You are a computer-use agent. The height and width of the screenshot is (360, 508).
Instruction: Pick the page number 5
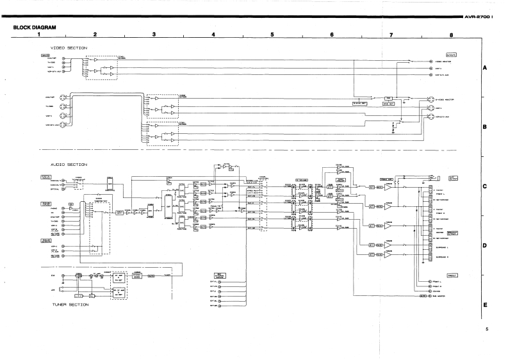[x=488, y=331]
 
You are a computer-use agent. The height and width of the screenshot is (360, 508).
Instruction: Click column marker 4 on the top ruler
[x=213, y=35]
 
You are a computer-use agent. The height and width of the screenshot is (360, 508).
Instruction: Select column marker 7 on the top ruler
[x=390, y=35]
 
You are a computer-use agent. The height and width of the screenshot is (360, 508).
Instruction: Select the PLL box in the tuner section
[x=92, y=296]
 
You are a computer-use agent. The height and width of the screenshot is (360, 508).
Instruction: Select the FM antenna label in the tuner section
[x=53, y=275]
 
